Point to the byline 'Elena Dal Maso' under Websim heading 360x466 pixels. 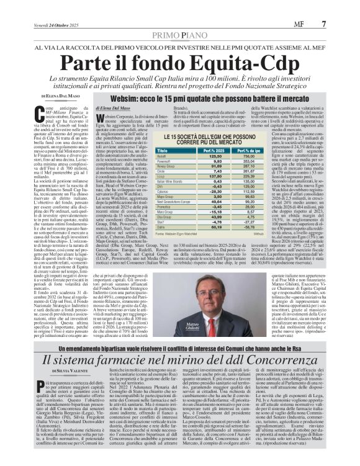point(113,108)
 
